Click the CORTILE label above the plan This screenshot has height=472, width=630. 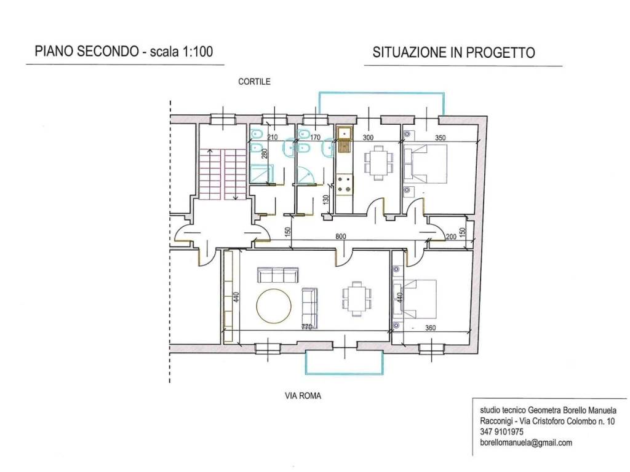point(254,81)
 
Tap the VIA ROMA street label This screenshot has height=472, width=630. point(303,396)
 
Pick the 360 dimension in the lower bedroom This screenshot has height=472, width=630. point(430,328)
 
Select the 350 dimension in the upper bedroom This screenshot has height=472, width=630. point(440,138)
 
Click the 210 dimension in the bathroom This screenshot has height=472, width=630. point(273,138)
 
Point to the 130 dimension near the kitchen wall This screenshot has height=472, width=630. point(327,200)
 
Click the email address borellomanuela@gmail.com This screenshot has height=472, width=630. point(526,442)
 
